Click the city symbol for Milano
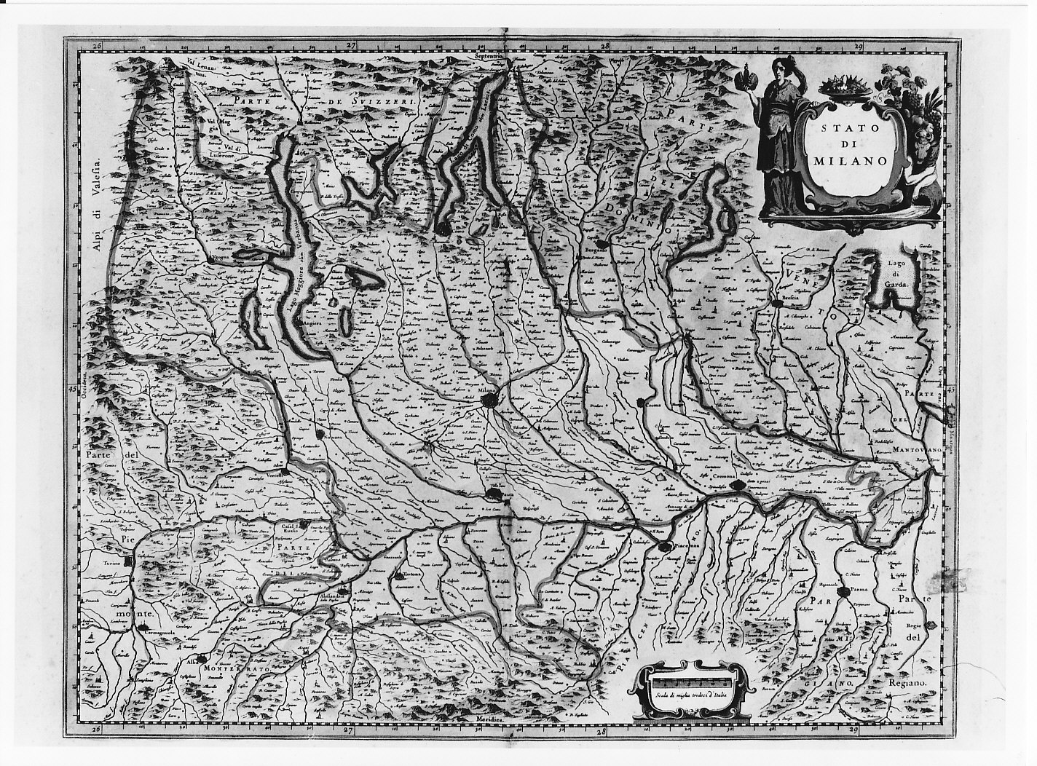(492, 401)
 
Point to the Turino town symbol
(128, 562)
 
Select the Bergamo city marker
(601, 245)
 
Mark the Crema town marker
(640, 403)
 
